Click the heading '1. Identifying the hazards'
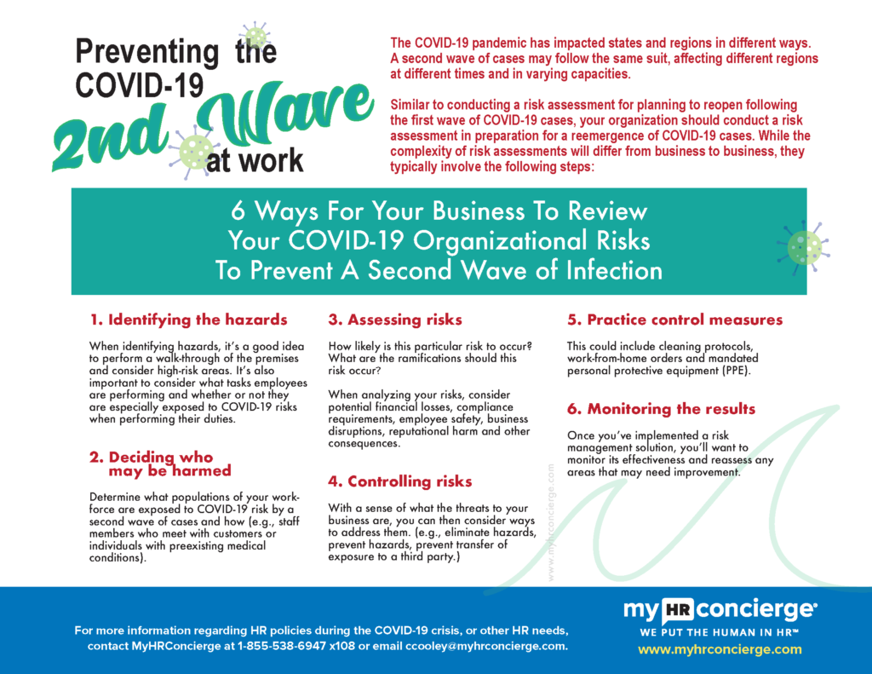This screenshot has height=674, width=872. [x=188, y=320]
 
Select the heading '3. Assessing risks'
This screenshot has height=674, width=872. [x=395, y=320]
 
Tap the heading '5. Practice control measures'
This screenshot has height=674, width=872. [x=674, y=320]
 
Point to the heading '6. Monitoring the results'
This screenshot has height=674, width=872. [x=661, y=409]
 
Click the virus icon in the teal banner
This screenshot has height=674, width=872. [x=803, y=246]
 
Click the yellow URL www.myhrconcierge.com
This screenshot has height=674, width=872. [x=720, y=649]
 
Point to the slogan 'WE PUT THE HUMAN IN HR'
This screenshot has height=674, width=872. [x=720, y=632]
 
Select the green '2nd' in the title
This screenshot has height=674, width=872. [x=106, y=138]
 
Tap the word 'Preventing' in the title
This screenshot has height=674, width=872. [x=146, y=51]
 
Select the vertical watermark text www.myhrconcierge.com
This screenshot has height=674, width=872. [x=552, y=522]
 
